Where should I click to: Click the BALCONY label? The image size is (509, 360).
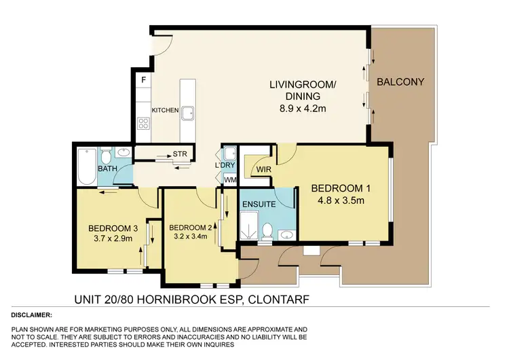pos(400,82)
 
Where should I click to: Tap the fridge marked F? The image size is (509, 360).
pos(143,80)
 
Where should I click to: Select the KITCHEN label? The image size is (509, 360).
pos(165,110)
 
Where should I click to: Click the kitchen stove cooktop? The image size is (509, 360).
pos(144,123)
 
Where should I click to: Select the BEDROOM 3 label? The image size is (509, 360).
pos(109,228)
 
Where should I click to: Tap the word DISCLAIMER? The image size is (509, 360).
pos(32,316)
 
